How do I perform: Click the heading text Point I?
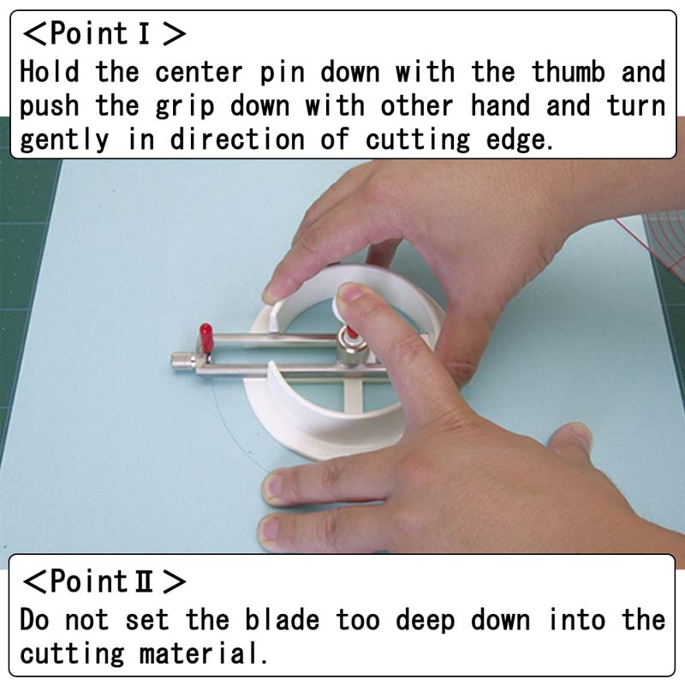(x=104, y=33)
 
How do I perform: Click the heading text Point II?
(x=104, y=581)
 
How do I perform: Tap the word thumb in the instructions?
(x=568, y=71)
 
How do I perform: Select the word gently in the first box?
(x=64, y=140)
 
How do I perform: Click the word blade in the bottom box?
(x=282, y=619)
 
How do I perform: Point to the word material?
(x=203, y=654)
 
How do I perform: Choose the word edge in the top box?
(x=519, y=140)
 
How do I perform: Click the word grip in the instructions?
(x=185, y=106)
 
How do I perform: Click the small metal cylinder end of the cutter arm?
(x=183, y=361)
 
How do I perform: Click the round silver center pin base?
(x=352, y=349)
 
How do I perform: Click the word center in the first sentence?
(x=199, y=72)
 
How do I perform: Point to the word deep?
(x=426, y=620)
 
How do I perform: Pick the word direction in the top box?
(x=237, y=140)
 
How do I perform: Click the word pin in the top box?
(x=282, y=73)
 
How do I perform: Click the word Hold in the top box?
(x=50, y=71)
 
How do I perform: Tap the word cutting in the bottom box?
(x=72, y=655)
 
